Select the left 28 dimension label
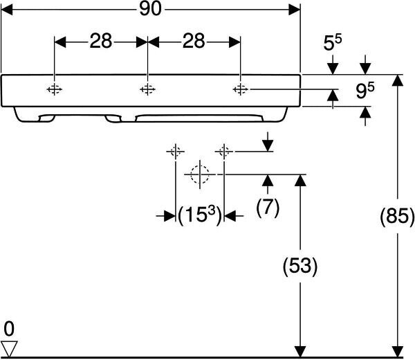tap(100, 42)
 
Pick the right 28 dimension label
tap(194, 42)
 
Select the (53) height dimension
tap(299, 265)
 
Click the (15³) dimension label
tap(199, 216)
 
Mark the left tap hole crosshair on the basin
tap(55, 89)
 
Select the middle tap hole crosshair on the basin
tap(147, 89)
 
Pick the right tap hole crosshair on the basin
tap(240, 89)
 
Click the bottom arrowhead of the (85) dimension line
tap(397, 351)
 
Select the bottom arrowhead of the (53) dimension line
tap(299, 351)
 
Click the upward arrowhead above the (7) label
tap(268, 182)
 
